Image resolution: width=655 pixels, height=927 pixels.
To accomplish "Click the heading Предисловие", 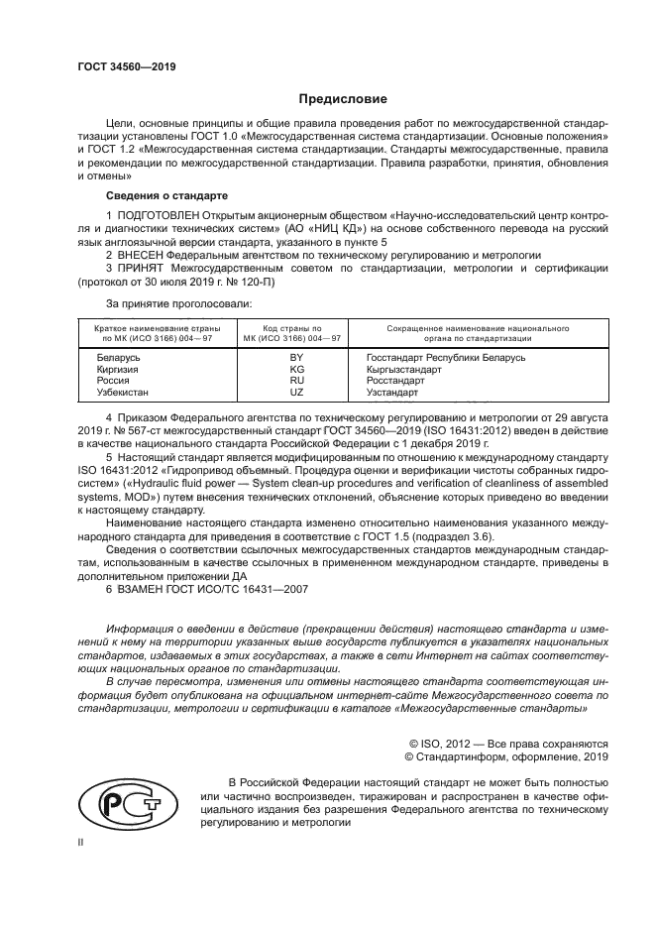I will coord(343,99).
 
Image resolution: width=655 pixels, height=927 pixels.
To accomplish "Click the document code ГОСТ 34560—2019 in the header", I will coord(125,68).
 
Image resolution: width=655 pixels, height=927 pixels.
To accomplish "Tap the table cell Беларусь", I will coord(118,357).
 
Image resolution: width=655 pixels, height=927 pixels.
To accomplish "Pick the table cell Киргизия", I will coord(117,369).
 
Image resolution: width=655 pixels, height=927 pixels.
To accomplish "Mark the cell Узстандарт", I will coord(391,393).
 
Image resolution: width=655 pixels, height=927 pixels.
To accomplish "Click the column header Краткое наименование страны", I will coord(158,327).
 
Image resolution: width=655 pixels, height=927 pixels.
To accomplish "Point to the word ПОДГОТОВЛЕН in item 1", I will coord(158,215).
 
